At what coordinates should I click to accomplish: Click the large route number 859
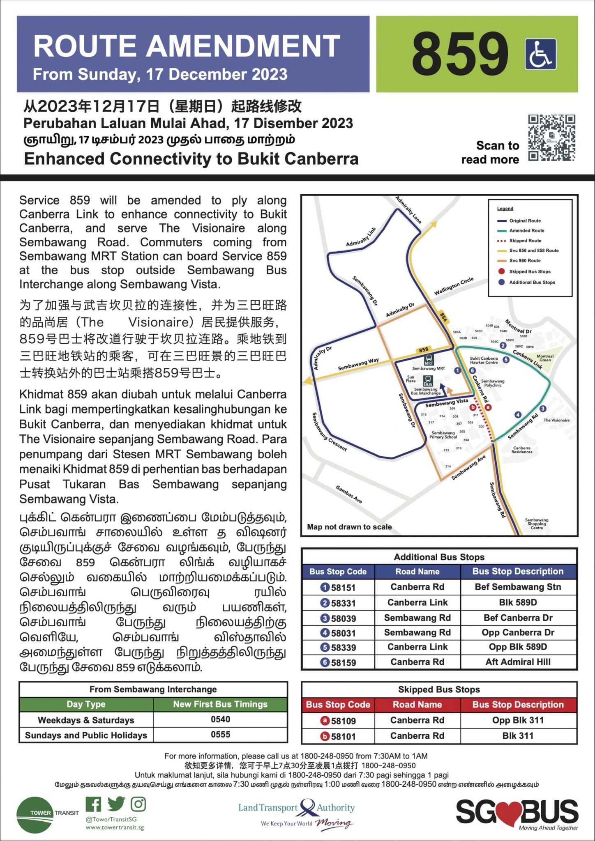pyautogui.click(x=460, y=54)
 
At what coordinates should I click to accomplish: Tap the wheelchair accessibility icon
pyautogui.click(x=541, y=54)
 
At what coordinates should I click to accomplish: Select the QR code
pyautogui.click(x=551, y=138)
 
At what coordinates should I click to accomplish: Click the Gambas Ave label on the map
pyautogui.click(x=349, y=494)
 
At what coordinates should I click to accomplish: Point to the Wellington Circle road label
pyautogui.click(x=454, y=286)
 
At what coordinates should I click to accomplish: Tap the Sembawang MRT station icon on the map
pyautogui.click(x=429, y=360)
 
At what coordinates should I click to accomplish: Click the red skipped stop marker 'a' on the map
pyautogui.click(x=488, y=407)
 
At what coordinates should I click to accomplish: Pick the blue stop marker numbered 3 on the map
pyautogui.click(x=543, y=409)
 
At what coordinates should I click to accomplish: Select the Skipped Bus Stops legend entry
pyautogui.click(x=530, y=271)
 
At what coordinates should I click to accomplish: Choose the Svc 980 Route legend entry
pyautogui.click(x=525, y=260)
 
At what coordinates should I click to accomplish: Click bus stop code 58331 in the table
pyautogui.click(x=343, y=603)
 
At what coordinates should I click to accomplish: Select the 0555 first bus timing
pyautogui.click(x=220, y=734)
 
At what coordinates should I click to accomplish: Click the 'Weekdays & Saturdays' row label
pyautogui.click(x=86, y=720)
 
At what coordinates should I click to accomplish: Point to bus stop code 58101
pyautogui.click(x=343, y=736)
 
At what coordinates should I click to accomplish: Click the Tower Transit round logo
pyautogui.click(x=35, y=815)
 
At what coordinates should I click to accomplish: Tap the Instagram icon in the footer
pyautogui.click(x=138, y=804)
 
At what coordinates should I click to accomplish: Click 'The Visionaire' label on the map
pyautogui.click(x=556, y=420)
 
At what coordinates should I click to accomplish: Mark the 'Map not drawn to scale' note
pyautogui.click(x=349, y=527)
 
